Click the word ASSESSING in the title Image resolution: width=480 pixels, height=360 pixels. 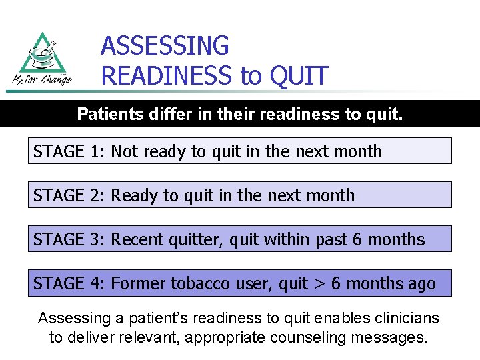pyautogui.click(x=165, y=46)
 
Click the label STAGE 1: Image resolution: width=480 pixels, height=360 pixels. pyautogui.click(x=69, y=151)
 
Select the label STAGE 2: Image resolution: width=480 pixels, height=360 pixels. pyautogui.click(x=69, y=195)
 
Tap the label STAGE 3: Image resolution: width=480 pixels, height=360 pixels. pyautogui.click(x=69, y=239)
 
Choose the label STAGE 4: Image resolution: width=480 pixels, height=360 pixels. pyautogui.click(x=69, y=283)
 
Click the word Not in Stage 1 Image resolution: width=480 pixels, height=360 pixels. pyautogui.click(x=123, y=151)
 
